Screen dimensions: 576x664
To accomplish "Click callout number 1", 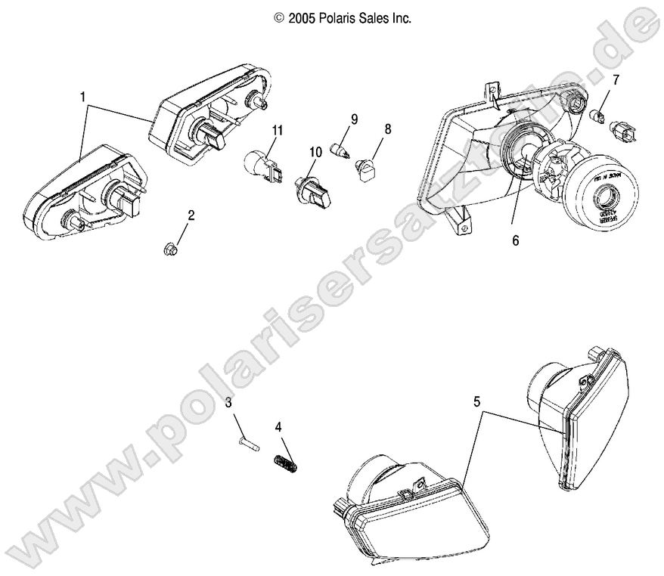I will [82, 97].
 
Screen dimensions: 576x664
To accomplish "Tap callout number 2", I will [191, 215].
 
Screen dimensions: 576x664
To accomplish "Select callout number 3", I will [228, 403].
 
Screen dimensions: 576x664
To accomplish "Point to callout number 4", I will [278, 426].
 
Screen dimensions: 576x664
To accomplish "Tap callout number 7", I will [616, 79].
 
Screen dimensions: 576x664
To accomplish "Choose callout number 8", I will [387, 129].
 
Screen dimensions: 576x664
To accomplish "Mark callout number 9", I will [353, 119].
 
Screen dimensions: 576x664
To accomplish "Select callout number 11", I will [278, 131].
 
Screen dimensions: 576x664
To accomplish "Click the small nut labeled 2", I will [170, 246].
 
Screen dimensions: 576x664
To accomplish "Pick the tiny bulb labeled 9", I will [340, 152].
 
